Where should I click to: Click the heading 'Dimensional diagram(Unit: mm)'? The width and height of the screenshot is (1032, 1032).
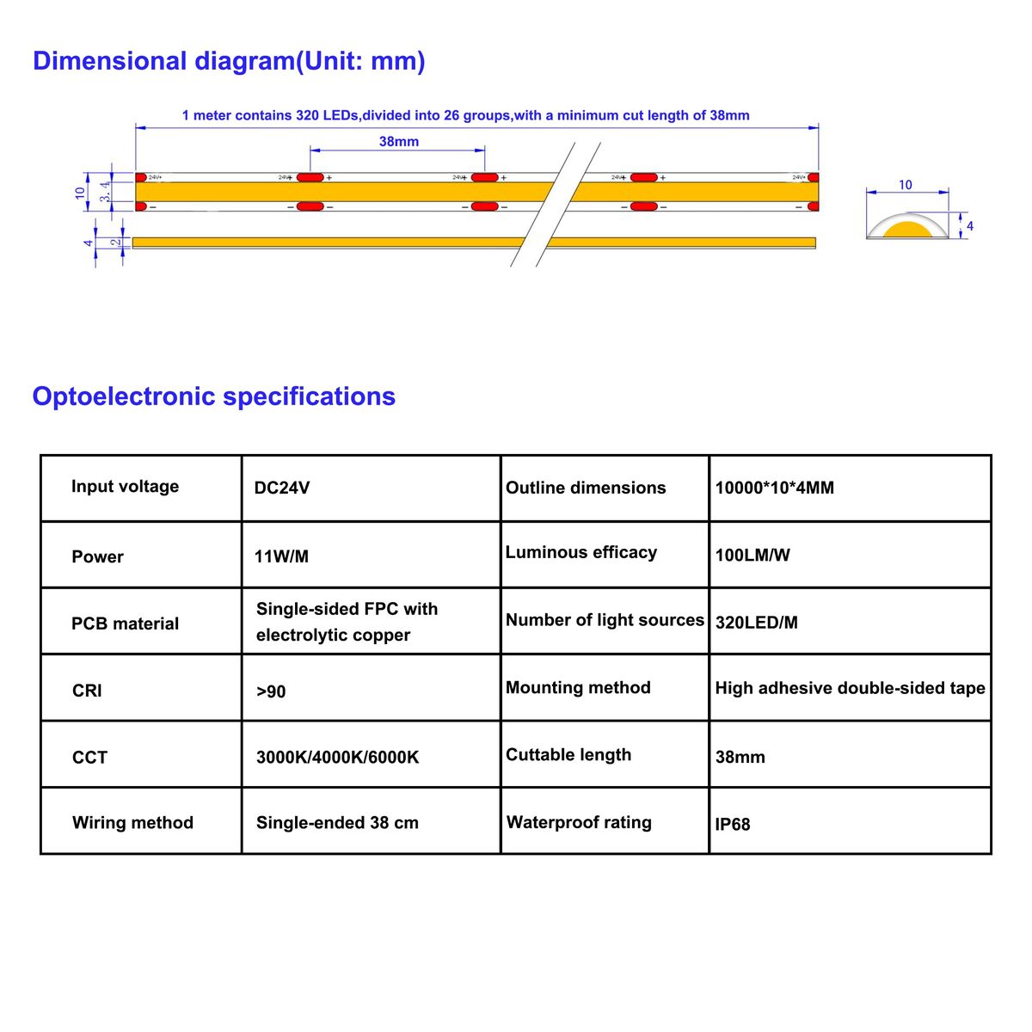pyautogui.click(x=229, y=62)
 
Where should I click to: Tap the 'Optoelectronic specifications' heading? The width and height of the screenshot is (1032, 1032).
pyautogui.click(x=213, y=396)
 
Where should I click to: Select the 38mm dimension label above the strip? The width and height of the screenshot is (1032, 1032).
pyautogui.click(x=398, y=141)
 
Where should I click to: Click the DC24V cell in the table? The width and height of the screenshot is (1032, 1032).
pyautogui.click(x=282, y=488)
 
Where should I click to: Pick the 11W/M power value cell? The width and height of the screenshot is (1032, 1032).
pyautogui.click(x=281, y=556)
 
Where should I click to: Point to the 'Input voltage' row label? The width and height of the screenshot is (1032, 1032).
pyautogui.click(x=126, y=486)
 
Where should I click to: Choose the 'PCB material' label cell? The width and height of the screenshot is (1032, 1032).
pyautogui.click(x=126, y=623)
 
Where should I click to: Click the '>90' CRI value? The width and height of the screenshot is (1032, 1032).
pyautogui.click(x=271, y=691)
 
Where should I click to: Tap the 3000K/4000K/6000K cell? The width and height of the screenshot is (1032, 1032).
pyautogui.click(x=337, y=758)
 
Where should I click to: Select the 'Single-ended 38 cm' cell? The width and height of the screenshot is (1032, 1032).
pyautogui.click(x=337, y=823)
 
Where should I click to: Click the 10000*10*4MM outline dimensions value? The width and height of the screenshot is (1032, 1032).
pyautogui.click(x=774, y=488)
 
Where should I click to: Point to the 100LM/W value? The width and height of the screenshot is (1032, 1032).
pyautogui.click(x=752, y=555)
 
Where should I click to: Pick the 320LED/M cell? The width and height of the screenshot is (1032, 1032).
pyautogui.click(x=756, y=623)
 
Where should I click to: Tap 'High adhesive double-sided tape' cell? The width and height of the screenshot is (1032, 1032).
pyautogui.click(x=850, y=688)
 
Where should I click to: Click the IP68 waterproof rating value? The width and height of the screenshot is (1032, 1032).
pyautogui.click(x=732, y=824)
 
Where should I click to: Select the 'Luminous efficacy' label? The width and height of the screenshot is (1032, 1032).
pyautogui.click(x=581, y=552)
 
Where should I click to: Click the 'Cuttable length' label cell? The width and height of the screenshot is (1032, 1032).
pyautogui.click(x=568, y=754)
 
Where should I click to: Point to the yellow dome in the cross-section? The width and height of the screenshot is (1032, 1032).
pyautogui.click(x=907, y=230)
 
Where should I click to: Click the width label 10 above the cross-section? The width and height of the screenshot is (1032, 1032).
pyautogui.click(x=905, y=185)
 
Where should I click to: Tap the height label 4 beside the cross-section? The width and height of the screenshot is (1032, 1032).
pyautogui.click(x=969, y=226)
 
